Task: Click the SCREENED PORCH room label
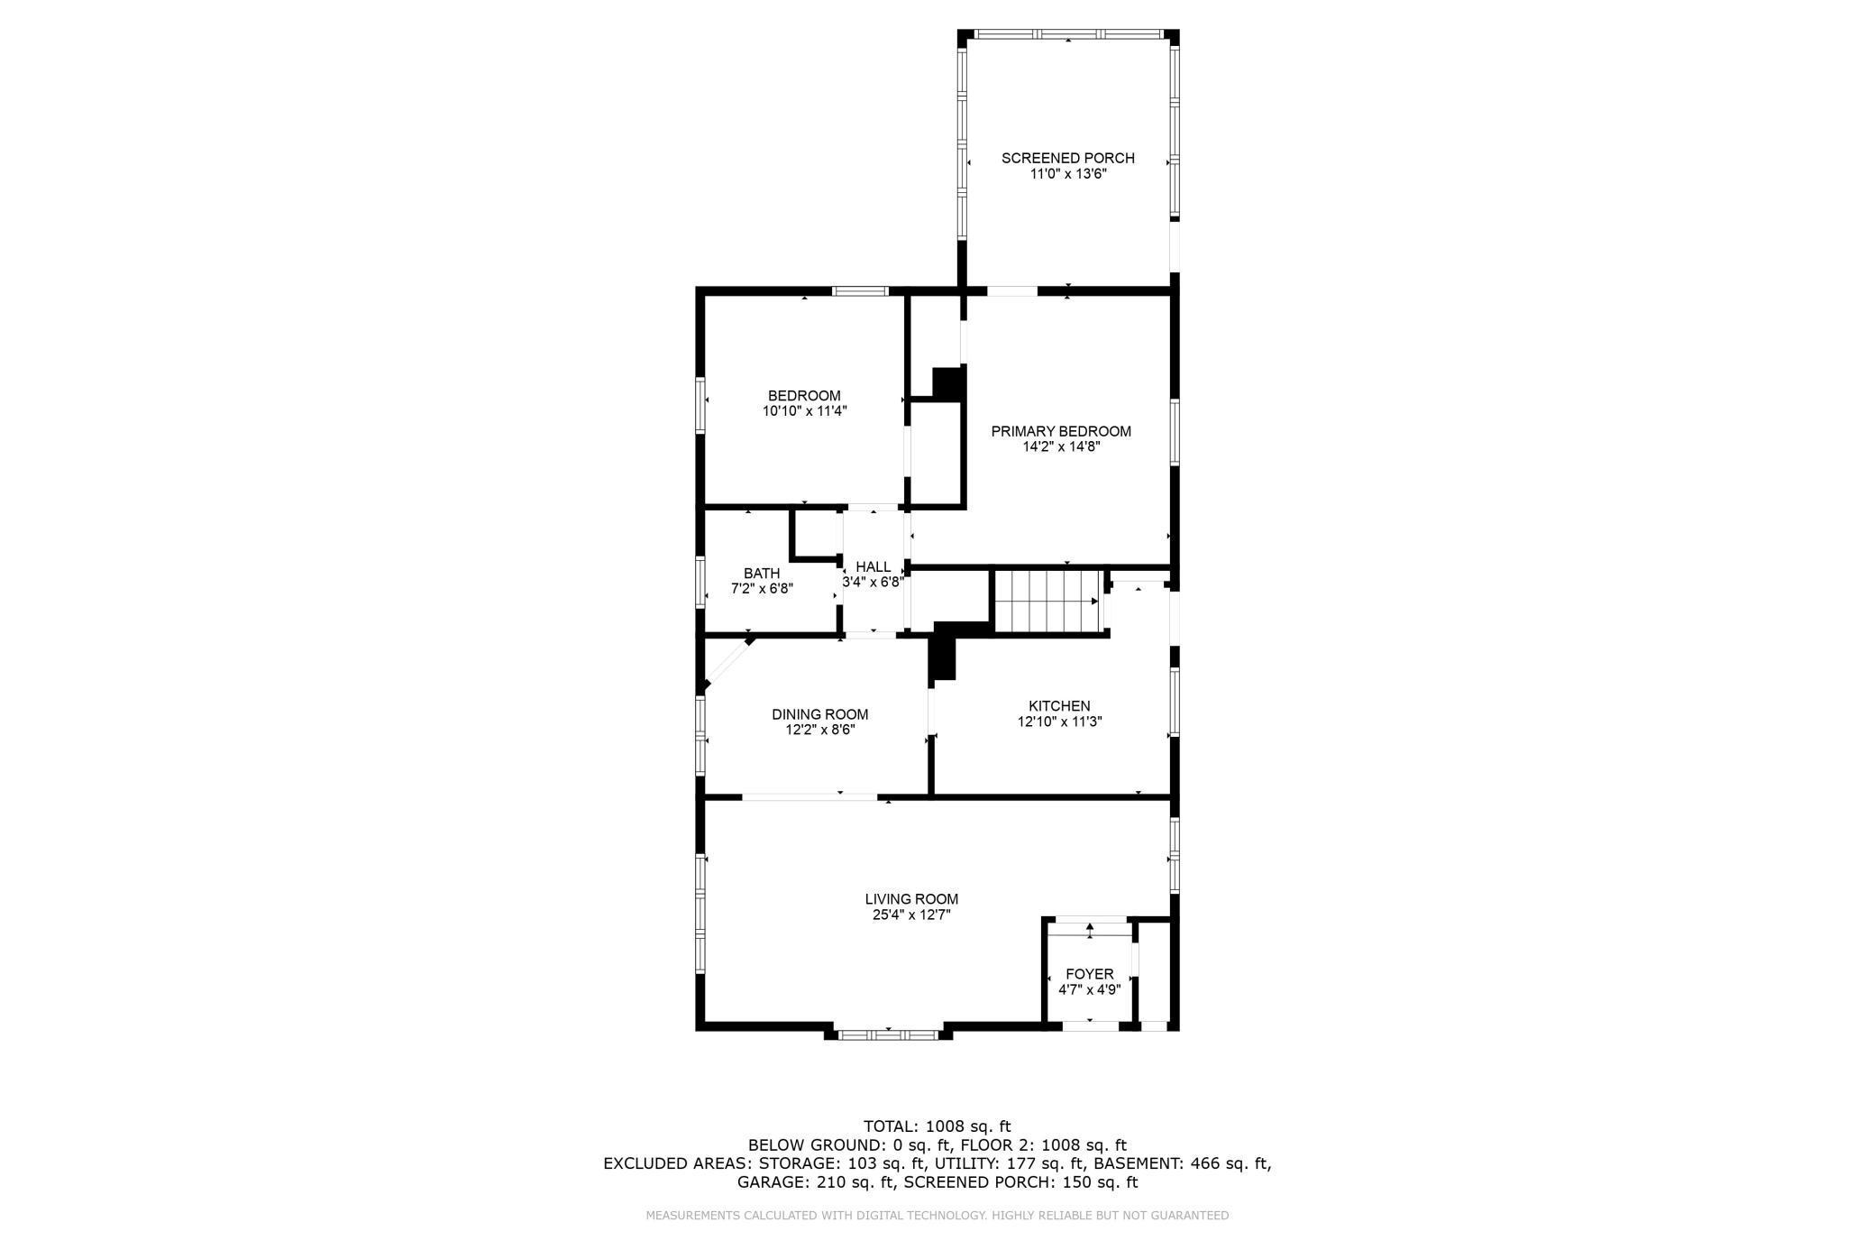pos(1067,158)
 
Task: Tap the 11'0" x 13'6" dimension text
pos(1067,174)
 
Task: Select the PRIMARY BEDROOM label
pos(1060,431)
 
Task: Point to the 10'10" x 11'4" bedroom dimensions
pos(804,411)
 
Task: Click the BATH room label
pos(761,574)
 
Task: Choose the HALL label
pos(873,567)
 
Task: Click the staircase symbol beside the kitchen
pos(1047,601)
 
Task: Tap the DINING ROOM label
pos(819,714)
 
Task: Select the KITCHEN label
pos(1059,706)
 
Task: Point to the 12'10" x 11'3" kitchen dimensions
pos(1059,722)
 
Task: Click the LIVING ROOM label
pos(911,899)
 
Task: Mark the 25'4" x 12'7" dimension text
pos(911,915)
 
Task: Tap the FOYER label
pos(1089,974)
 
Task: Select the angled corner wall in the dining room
pos(727,666)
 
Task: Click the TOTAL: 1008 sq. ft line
pos(937,1126)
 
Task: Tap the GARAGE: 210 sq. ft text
pos(815,1182)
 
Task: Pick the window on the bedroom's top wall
pos(860,291)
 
